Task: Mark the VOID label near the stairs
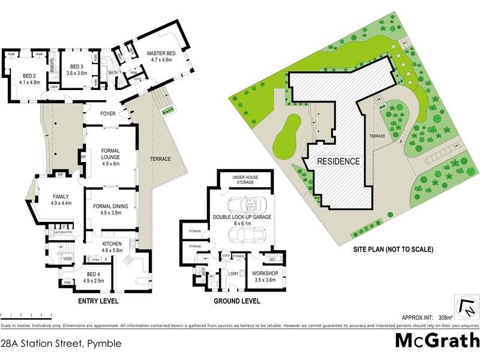pyautogui.click(x=68, y=259)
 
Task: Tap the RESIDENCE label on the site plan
pyautogui.click(x=338, y=161)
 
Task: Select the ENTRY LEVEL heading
pyautogui.click(x=98, y=301)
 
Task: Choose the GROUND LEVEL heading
pyautogui.click(x=236, y=301)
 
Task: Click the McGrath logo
pyautogui.click(x=436, y=340)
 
